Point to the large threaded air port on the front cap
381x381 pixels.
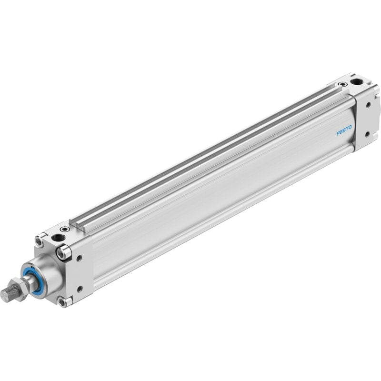click(58, 237)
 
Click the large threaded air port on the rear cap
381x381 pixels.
click(356, 81)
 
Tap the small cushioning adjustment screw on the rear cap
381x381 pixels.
click(343, 84)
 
